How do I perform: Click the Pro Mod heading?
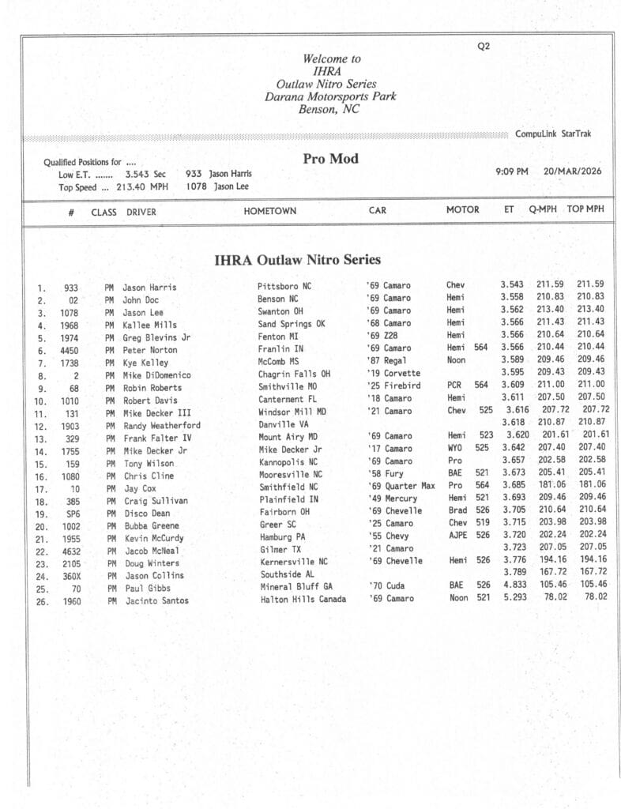tap(330, 159)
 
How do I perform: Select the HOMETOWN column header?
tap(269, 211)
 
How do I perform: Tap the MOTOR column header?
tap(462, 210)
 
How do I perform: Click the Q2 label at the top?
tap(484, 46)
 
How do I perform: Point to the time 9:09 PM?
tap(512, 171)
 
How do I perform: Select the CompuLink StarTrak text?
tap(553, 134)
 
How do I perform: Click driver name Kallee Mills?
tap(149, 325)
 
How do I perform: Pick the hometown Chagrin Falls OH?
tap(294, 374)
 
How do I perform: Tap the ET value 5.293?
tap(513, 597)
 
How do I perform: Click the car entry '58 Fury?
tap(385, 473)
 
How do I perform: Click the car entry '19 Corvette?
tap(394, 373)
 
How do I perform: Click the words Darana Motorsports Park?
tap(330, 97)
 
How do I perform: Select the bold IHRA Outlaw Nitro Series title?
tap(297, 260)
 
